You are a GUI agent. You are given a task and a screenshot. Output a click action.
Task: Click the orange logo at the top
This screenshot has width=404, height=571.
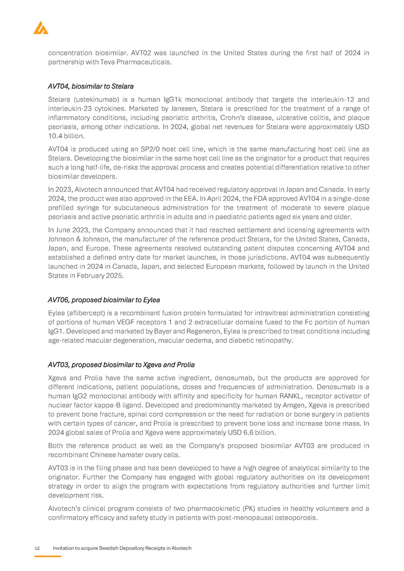click(41, 27)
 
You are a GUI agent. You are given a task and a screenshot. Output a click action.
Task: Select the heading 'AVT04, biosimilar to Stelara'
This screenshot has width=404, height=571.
click(91, 86)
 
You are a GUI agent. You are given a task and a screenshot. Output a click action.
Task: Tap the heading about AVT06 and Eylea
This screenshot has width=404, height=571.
click(104, 299)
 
